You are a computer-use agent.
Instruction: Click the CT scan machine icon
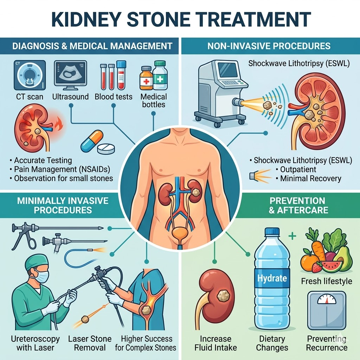click(30, 76)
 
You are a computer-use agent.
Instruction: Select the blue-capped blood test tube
click(121, 75)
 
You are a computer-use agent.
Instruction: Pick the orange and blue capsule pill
click(92, 141)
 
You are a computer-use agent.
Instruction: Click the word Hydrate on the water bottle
click(272, 278)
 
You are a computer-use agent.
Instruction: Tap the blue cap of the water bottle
click(272, 232)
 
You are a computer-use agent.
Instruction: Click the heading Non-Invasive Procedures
click(269, 46)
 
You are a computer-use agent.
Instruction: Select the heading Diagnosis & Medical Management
click(92, 46)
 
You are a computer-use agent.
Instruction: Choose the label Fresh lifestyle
click(327, 281)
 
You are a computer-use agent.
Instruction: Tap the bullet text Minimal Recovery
click(310, 178)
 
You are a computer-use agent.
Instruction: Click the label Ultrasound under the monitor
click(70, 96)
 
